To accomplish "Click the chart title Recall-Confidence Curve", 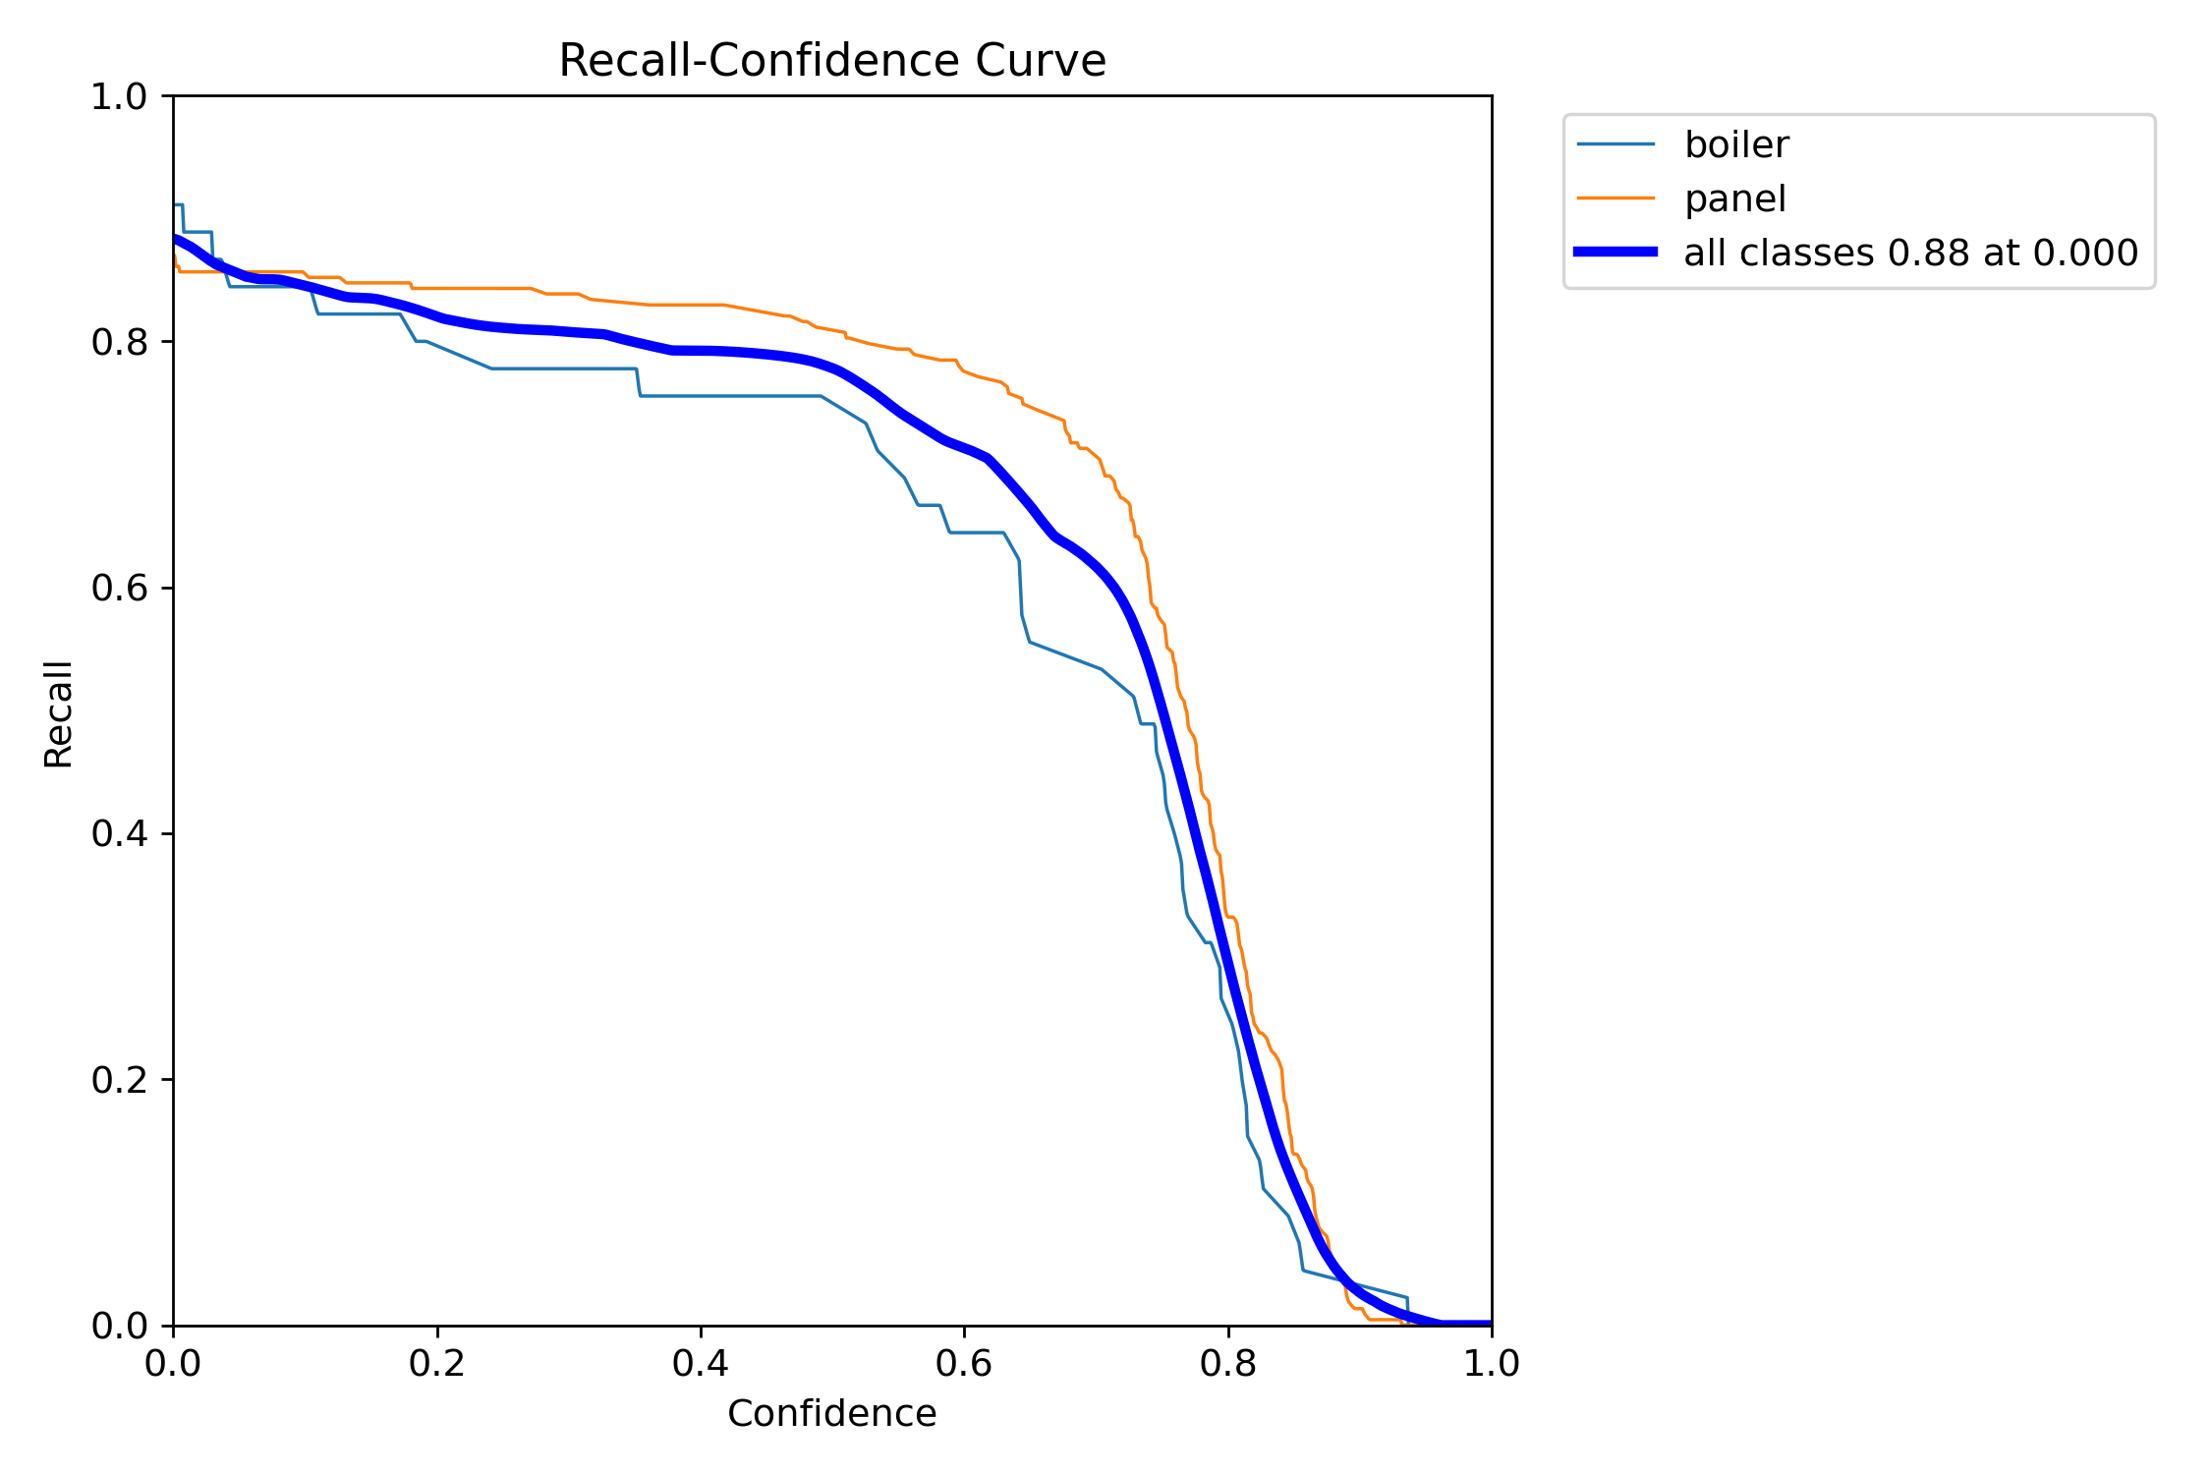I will tap(831, 61).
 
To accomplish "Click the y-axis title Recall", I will tap(59, 713).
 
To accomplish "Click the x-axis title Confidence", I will tap(831, 1413).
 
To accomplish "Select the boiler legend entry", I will tap(1735, 144).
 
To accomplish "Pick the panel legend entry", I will tap(1734, 198).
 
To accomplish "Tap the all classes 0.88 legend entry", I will tap(1910, 253).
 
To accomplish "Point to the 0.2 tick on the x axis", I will tap(437, 1363).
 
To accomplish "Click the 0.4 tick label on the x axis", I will tap(701, 1363).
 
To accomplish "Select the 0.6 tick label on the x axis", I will tap(964, 1363).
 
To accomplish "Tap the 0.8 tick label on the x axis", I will tap(1228, 1363).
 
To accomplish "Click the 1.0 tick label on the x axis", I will tap(1492, 1363).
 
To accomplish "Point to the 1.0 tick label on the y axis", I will tap(118, 96).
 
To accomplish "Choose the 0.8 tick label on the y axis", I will tap(118, 342).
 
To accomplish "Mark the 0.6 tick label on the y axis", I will tap(118, 588).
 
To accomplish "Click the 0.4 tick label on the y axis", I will tap(118, 833).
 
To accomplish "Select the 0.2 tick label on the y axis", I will tap(118, 1079).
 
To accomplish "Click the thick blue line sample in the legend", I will tap(1616, 253).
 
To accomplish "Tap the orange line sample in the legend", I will tap(1616, 198).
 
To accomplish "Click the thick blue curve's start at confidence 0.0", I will tap(175, 239).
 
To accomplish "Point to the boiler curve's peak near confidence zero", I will tap(178, 204).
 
